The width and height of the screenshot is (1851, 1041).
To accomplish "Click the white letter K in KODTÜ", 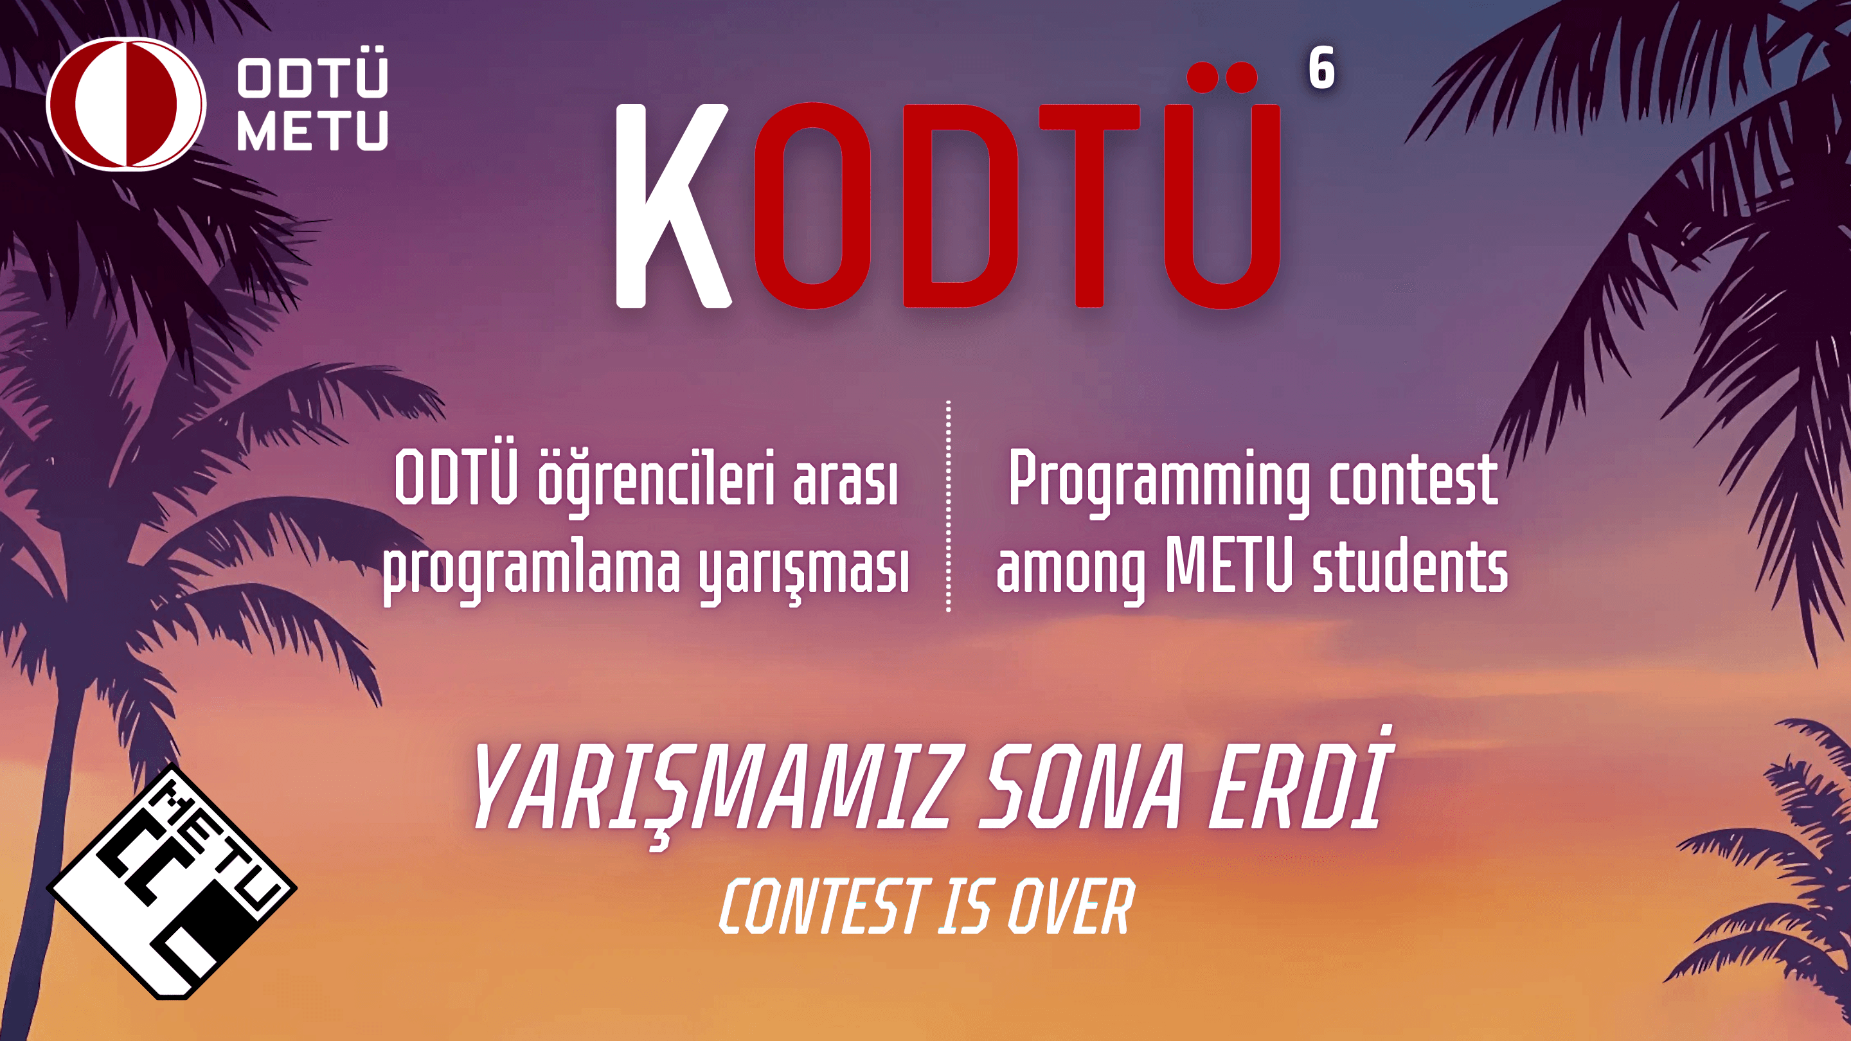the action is tap(672, 206).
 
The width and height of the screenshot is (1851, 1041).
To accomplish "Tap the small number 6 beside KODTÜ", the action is tap(1321, 68).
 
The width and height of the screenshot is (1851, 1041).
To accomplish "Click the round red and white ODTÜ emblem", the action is tap(127, 103).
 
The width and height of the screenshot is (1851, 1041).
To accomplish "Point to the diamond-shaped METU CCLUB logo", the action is tap(172, 882).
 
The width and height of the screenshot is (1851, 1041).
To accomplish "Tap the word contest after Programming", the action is tap(1413, 480).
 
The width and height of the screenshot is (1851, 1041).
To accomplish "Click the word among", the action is tap(1071, 573).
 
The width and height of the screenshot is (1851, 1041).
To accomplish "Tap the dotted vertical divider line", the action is tap(949, 506).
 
